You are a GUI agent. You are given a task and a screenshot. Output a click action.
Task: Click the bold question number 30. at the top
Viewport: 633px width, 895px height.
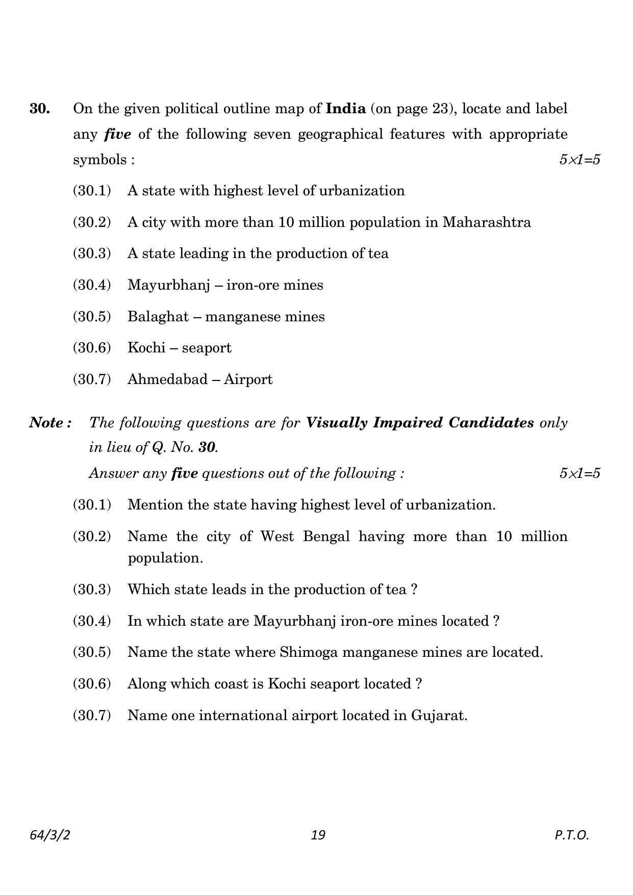(x=40, y=109)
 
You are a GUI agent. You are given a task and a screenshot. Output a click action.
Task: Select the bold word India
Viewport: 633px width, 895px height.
(x=345, y=109)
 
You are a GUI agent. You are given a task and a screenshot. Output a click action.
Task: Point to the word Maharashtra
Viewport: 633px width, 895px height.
(x=487, y=222)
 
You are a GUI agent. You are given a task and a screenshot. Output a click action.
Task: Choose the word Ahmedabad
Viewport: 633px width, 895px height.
(x=167, y=379)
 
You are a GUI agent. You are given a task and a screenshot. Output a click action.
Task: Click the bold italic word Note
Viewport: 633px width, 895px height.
(x=47, y=423)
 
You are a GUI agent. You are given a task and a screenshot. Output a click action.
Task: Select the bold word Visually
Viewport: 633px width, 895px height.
(x=337, y=423)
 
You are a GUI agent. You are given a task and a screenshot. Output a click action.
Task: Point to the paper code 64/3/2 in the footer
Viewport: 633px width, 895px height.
(x=50, y=835)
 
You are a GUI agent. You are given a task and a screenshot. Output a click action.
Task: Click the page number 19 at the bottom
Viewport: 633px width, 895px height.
(x=317, y=835)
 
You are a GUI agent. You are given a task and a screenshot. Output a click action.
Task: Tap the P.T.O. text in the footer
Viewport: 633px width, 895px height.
(x=572, y=835)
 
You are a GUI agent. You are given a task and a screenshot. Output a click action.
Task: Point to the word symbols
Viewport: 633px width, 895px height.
(x=100, y=160)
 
